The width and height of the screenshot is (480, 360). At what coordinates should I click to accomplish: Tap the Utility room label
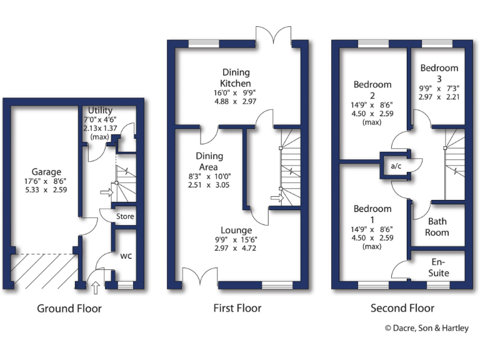click(100, 110)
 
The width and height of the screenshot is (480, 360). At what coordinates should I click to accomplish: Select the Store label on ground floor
click(125, 217)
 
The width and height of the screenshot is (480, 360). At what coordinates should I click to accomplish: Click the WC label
click(125, 256)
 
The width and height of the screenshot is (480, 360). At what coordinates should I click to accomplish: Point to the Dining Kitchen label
click(236, 77)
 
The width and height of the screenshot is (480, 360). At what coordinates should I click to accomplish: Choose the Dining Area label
click(206, 161)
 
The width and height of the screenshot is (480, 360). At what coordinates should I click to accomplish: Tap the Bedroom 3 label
click(439, 73)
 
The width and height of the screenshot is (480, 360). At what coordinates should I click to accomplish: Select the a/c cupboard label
click(395, 166)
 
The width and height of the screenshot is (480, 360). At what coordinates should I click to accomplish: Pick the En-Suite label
click(439, 267)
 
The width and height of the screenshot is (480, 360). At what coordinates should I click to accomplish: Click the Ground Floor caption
click(69, 308)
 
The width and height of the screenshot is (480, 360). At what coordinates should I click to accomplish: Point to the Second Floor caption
click(402, 308)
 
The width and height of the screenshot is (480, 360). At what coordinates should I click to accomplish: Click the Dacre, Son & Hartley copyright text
click(426, 328)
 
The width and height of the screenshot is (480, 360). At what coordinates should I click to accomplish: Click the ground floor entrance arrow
click(95, 287)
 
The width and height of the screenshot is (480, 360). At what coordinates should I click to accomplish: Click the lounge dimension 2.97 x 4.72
click(236, 248)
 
